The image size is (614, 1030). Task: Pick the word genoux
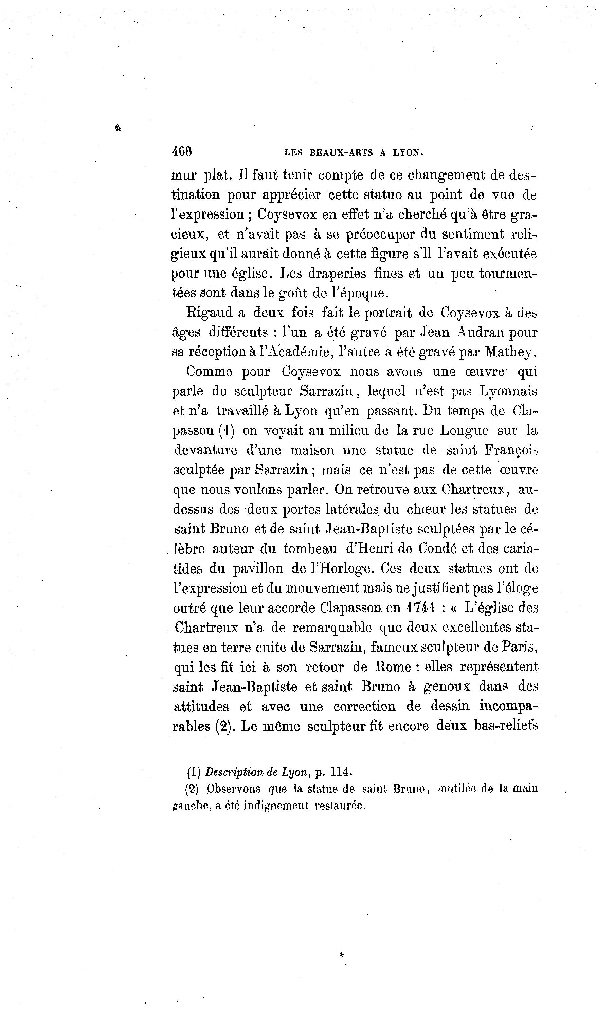(447, 687)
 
